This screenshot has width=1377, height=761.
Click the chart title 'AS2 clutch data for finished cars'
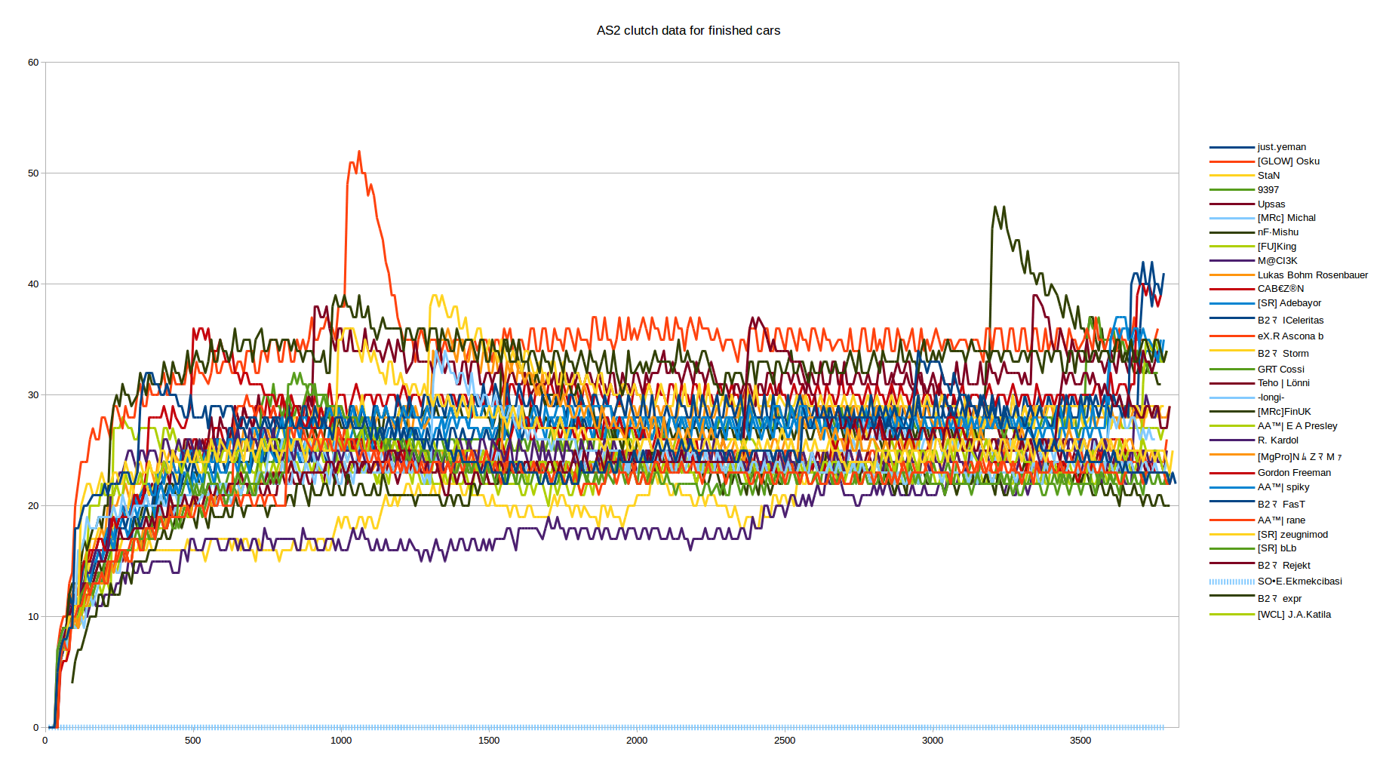(688, 31)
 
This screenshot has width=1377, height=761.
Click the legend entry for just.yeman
(1281, 147)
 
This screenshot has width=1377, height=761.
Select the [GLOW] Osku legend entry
(1288, 161)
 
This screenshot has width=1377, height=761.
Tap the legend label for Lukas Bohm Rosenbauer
(1312, 275)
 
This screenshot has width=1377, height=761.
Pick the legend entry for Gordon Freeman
(1294, 473)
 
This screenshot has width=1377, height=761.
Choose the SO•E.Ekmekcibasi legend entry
(1299, 581)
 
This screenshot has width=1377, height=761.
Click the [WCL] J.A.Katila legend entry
(1294, 615)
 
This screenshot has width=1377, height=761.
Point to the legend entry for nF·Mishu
(1277, 232)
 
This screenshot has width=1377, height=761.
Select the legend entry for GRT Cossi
(1280, 370)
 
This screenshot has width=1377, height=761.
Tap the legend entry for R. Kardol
(1277, 440)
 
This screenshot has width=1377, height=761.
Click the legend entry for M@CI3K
(1277, 261)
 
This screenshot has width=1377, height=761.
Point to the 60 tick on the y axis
(33, 63)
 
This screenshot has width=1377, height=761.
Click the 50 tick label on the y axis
(33, 173)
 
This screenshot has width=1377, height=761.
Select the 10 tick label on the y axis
(33, 617)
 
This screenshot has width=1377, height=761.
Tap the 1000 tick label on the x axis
(341, 741)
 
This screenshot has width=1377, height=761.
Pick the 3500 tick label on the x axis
(1080, 741)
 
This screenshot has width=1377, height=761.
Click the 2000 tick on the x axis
(637, 741)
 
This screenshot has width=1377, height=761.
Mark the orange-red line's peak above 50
(359, 152)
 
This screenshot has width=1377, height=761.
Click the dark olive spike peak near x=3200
(996, 207)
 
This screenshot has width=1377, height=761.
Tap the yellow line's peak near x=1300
(435, 296)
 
